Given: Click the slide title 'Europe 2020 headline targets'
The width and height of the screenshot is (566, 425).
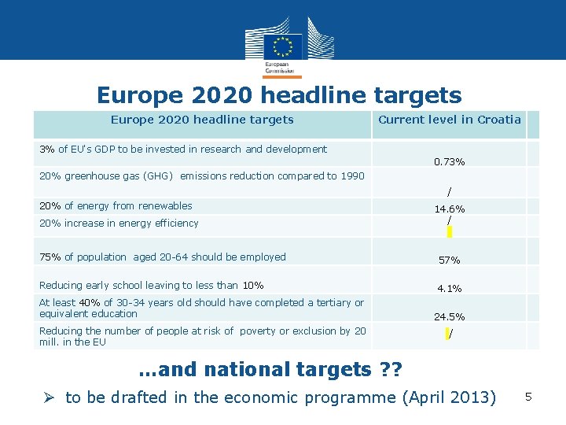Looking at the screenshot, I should point(279,95).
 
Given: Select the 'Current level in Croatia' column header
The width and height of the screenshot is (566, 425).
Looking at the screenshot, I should point(450,120).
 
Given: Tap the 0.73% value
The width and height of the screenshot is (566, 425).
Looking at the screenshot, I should point(449,161).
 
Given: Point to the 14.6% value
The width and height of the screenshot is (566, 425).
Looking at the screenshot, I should point(450,209).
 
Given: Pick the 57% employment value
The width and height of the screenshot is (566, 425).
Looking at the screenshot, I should point(449,260).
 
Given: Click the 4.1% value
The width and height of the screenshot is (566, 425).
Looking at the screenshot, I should point(449,289).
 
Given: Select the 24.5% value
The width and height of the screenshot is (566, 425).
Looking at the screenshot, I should point(449,317).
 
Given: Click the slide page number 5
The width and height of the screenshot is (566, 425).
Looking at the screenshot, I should point(529,397).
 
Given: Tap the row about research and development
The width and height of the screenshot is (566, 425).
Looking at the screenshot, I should point(183,149).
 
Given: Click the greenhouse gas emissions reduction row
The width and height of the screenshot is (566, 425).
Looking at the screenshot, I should point(201,176).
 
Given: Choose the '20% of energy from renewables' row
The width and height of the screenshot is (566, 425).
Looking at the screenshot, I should point(116,206).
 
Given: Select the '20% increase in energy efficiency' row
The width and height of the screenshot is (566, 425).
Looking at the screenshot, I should point(119,224).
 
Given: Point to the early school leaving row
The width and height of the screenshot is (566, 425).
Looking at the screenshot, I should point(151,285).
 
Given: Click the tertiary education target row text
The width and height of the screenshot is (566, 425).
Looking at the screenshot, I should point(201,308).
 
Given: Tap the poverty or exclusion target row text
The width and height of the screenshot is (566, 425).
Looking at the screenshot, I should point(202,336).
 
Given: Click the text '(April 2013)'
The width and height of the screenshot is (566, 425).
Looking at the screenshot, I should point(449,397).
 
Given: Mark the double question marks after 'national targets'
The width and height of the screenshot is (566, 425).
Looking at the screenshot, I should point(391,368).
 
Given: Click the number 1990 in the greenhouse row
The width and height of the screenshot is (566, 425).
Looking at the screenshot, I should point(351,176).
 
